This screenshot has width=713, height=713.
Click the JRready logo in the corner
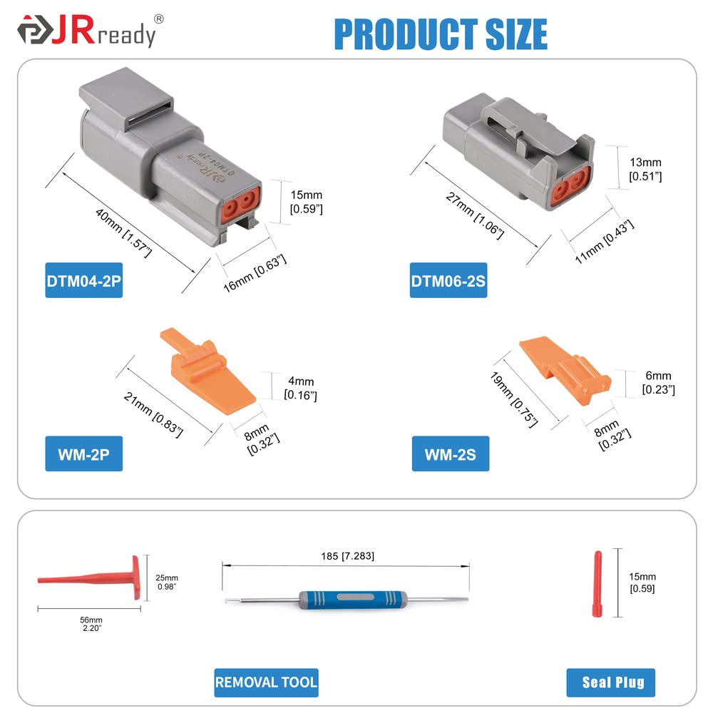86,32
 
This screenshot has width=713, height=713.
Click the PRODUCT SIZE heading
441,34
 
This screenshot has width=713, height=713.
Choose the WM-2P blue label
84,454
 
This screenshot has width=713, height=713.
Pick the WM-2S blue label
451,454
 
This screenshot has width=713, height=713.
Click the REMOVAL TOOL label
266,682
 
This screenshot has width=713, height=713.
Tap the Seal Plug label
611,682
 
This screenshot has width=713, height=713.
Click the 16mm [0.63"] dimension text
255,272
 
